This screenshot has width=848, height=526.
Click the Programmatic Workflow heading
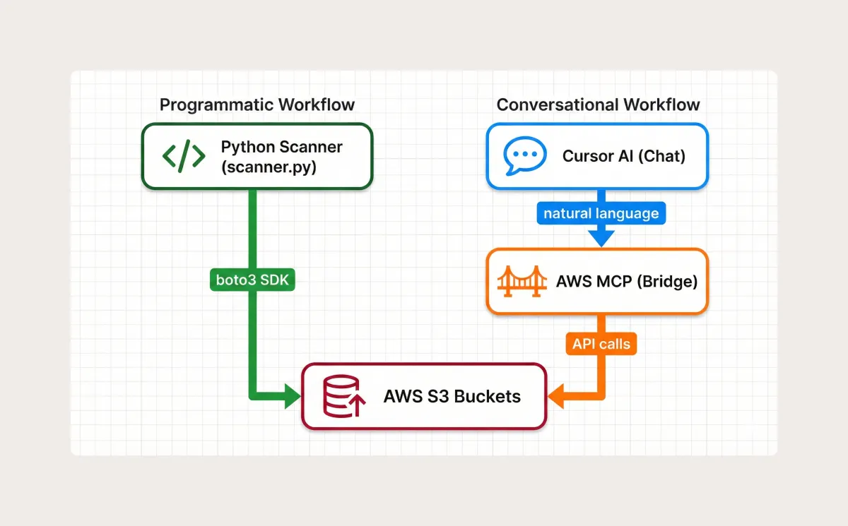click(257, 105)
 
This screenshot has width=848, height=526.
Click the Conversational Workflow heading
click(598, 105)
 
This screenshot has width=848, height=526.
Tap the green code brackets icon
click(184, 156)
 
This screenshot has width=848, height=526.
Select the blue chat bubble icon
click(524, 156)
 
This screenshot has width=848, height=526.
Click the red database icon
click(343, 396)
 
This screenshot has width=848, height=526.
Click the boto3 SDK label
click(252, 280)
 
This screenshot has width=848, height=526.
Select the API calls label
click(600, 345)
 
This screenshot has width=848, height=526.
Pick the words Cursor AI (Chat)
click(624, 156)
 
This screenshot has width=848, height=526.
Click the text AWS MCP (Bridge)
click(626, 281)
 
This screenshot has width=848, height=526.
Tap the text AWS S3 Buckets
click(452, 396)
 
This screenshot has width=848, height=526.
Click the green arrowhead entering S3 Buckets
click(293, 396)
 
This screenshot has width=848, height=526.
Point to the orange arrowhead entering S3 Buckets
click(556, 396)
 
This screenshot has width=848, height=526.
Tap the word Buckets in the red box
click(487, 396)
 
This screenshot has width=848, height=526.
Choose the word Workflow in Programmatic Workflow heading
click(317, 105)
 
